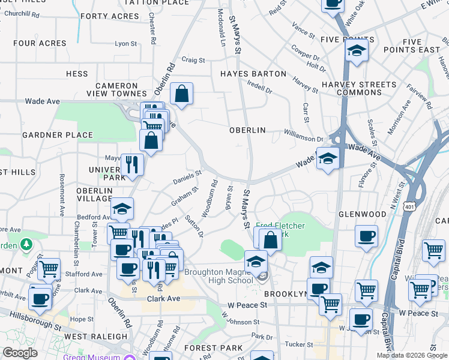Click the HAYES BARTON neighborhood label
(x=253, y=74)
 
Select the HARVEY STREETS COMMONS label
(x=359, y=88)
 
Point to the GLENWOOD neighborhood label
(x=362, y=214)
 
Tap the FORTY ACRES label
(x=109, y=16)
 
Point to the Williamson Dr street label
(x=304, y=137)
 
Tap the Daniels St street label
(x=187, y=177)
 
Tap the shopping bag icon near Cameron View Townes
(x=181, y=94)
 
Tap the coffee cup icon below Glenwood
(x=366, y=236)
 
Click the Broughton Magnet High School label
(x=218, y=276)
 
